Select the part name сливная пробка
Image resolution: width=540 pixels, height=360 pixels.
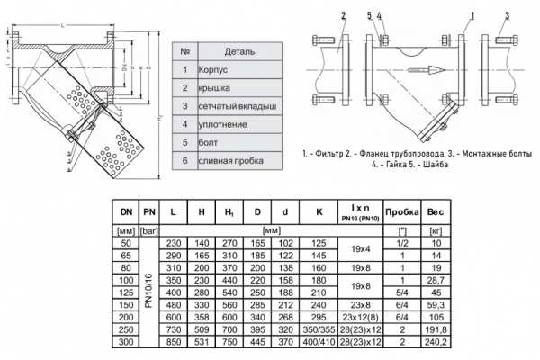[x=225, y=160]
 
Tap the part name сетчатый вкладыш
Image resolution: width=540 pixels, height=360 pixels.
[x=233, y=105]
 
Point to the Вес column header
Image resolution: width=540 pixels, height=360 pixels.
[x=435, y=212]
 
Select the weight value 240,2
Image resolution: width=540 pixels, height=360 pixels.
[x=435, y=343]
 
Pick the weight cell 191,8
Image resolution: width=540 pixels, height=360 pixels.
[x=435, y=330]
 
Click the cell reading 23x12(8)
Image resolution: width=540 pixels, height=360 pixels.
[x=359, y=318]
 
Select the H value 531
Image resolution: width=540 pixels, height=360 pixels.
[x=203, y=343]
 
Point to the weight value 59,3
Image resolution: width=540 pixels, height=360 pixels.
[x=435, y=305]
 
